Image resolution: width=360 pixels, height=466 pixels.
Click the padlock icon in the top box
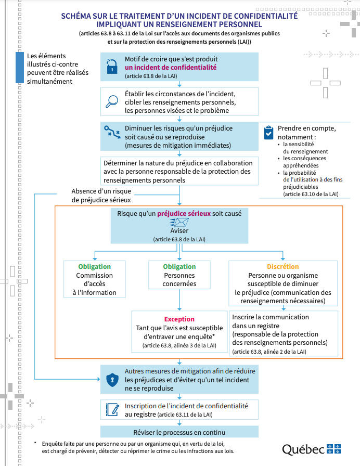pyautogui.click(x=112, y=67)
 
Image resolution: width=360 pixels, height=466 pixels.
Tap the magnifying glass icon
pyautogui.click(x=112, y=101)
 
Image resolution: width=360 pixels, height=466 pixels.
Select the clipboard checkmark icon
pyautogui.click(x=268, y=133)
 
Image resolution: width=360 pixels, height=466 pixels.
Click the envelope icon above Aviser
pyautogui.click(x=179, y=222)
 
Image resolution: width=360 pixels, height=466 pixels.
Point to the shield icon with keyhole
pyautogui.click(x=112, y=380)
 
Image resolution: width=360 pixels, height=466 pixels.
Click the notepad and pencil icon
pyautogui.click(x=113, y=410)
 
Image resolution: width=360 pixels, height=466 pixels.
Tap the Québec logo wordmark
pyautogui.click(x=311, y=449)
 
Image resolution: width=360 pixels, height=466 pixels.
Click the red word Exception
pyautogui.click(x=179, y=319)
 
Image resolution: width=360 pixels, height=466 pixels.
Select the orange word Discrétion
pyautogui.click(x=282, y=267)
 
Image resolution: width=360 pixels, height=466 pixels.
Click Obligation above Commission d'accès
pyautogui.click(x=95, y=267)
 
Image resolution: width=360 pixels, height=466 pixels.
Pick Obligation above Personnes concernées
pyautogui.click(x=179, y=267)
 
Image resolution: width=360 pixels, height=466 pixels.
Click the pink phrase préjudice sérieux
pyautogui.click(x=184, y=213)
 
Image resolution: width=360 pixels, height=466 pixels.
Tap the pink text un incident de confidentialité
pyautogui.click(x=171, y=67)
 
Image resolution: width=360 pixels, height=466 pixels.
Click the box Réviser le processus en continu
pyautogui.click(x=179, y=432)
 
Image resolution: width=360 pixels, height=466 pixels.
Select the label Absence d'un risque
pyautogui.click(x=101, y=191)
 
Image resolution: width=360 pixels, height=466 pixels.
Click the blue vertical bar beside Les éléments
pyautogui.click(x=20, y=68)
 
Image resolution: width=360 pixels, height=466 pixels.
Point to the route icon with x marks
pyautogui.click(x=112, y=132)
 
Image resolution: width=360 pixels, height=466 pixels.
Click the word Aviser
pyautogui.click(x=179, y=230)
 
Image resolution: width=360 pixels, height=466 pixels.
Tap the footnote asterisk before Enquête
pyautogui.click(x=35, y=443)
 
